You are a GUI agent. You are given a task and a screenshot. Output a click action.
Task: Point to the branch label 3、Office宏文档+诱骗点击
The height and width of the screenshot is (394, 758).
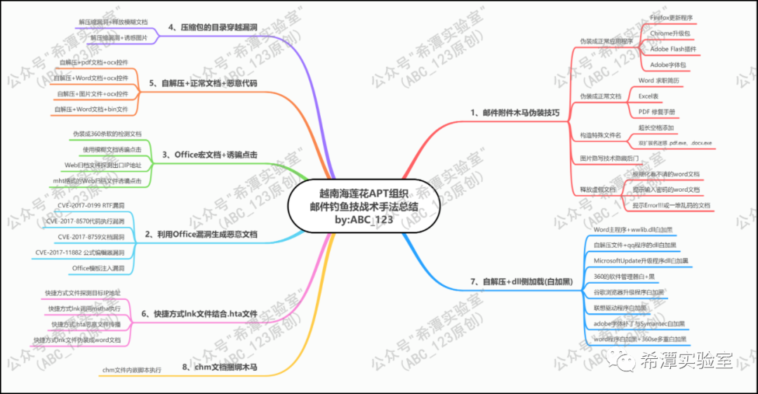click(210, 155)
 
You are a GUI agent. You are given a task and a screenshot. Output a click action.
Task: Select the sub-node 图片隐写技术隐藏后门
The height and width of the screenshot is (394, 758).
click(609, 159)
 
